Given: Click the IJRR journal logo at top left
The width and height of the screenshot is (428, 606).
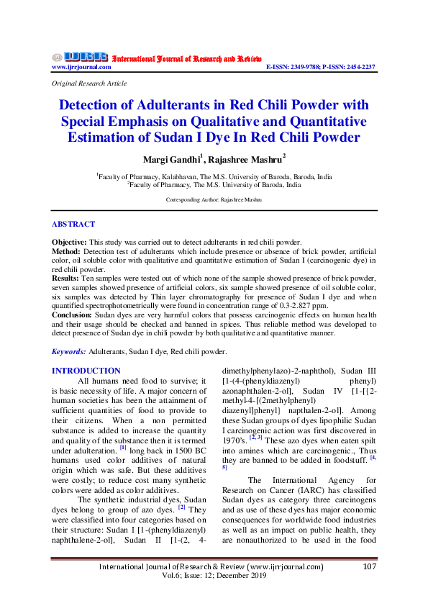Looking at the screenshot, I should [x=79, y=57].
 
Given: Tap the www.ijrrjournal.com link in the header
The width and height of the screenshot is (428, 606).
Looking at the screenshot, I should [x=81, y=67].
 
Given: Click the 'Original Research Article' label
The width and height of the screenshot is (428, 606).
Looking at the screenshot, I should [x=89, y=83].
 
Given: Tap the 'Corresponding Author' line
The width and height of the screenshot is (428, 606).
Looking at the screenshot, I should [x=214, y=199].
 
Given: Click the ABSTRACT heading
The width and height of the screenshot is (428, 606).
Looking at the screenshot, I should [x=73, y=225].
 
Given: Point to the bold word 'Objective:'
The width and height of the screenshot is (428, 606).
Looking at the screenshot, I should [x=68, y=242].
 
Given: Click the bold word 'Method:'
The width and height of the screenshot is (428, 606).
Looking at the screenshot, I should [x=65, y=251].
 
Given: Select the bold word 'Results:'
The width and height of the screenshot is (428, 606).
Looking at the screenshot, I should [x=66, y=277].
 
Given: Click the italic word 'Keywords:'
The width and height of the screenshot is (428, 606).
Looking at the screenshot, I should [x=69, y=351].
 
